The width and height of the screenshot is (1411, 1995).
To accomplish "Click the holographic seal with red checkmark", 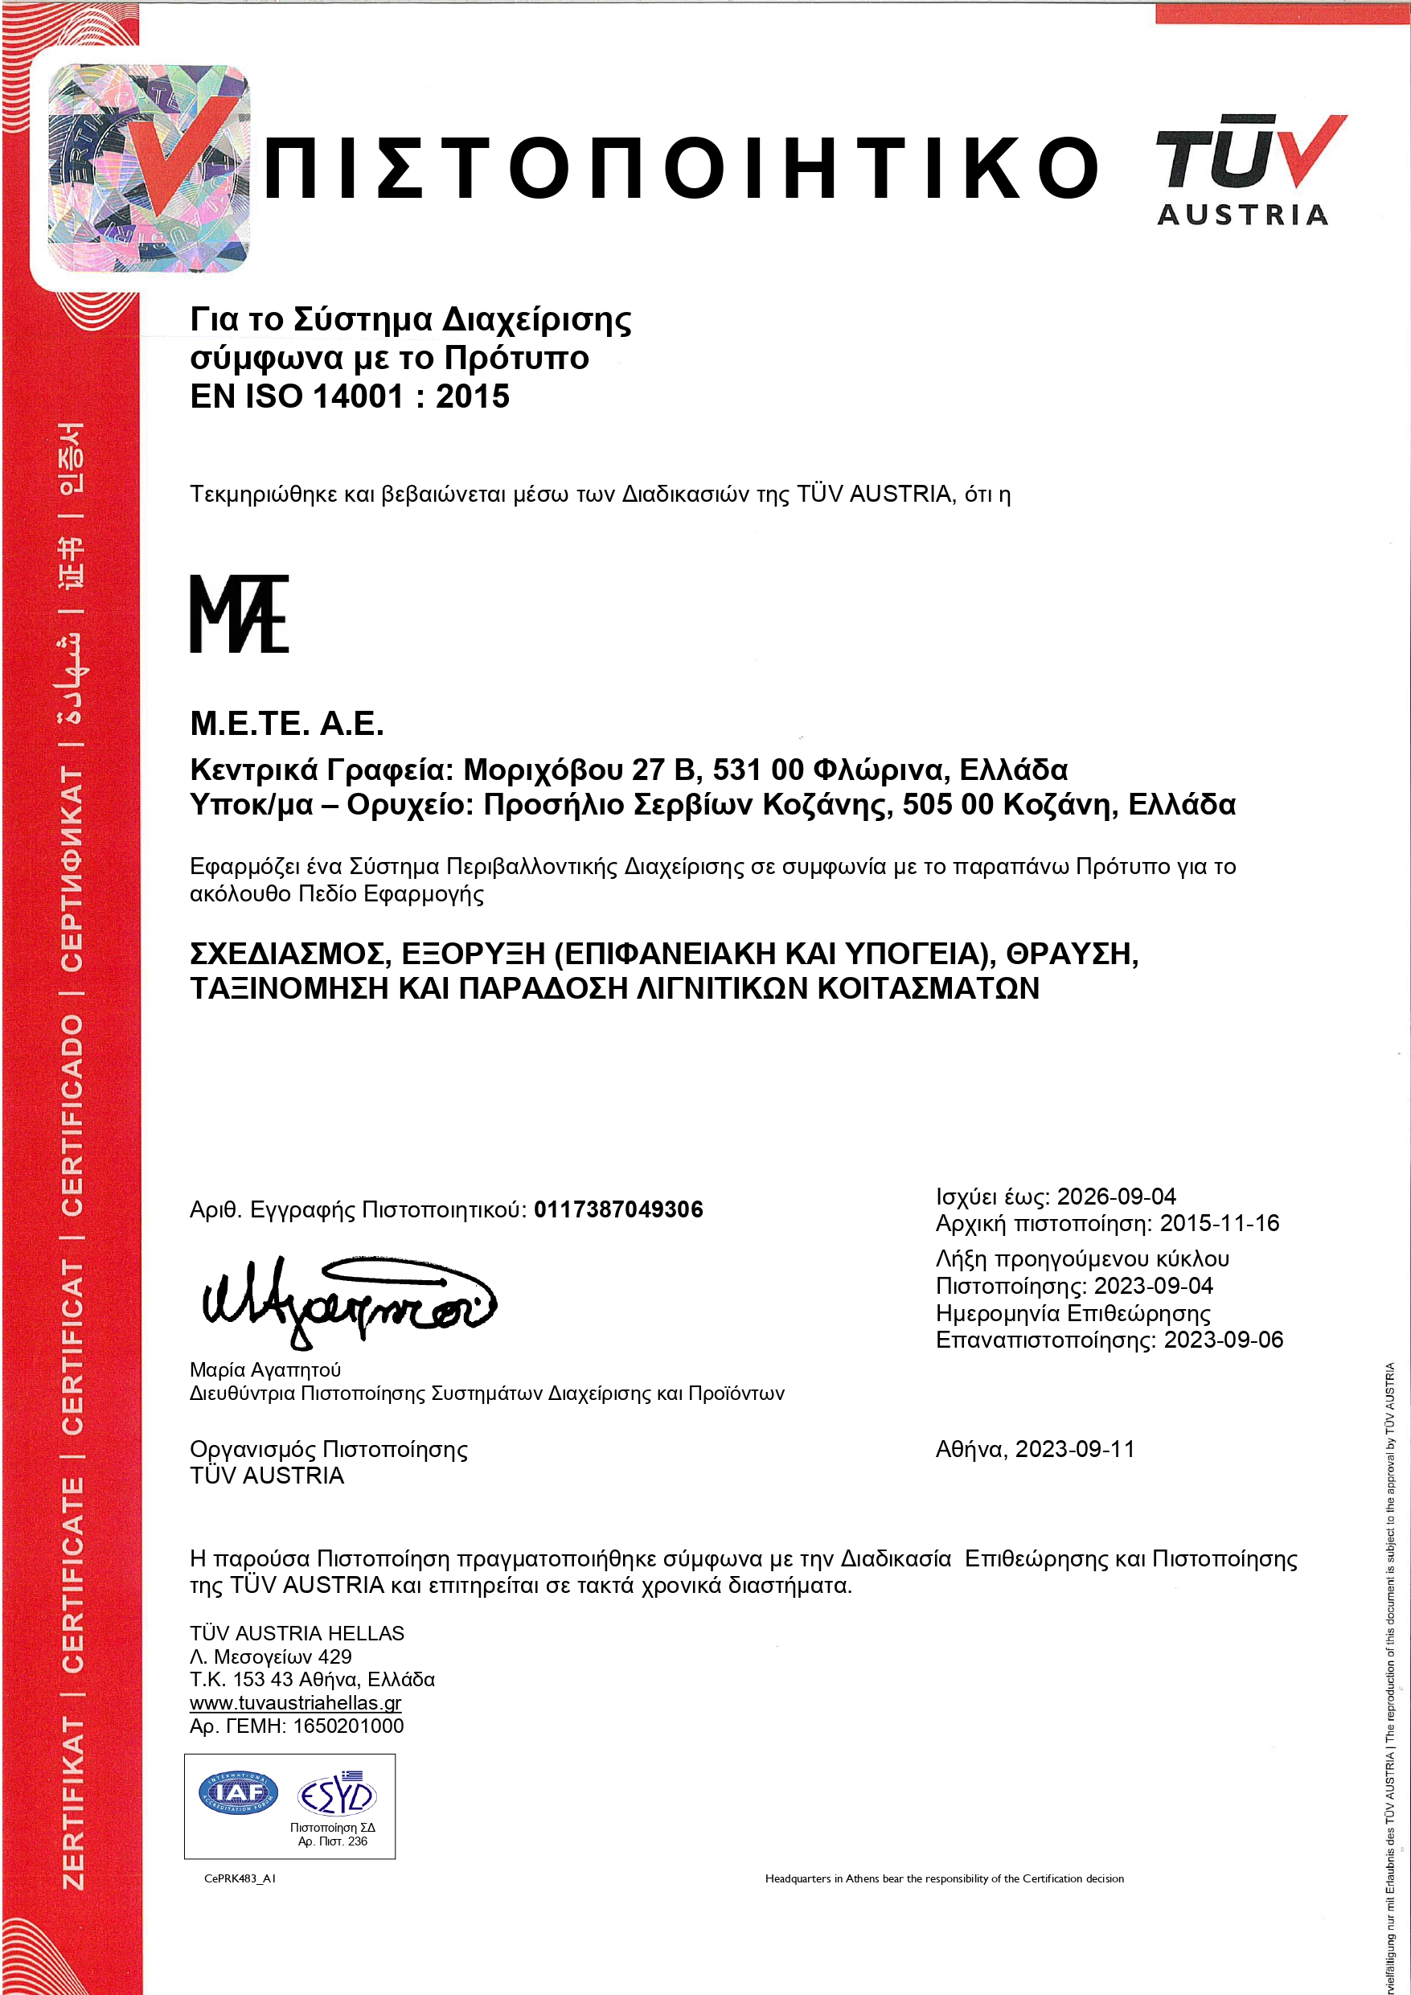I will (x=148, y=169).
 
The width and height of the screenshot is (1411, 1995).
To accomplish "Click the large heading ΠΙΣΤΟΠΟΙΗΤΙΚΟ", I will (x=682, y=166).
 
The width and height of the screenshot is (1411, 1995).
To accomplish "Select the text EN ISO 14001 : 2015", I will (x=349, y=397).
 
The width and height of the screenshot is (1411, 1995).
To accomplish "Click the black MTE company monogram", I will (x=239, y=614).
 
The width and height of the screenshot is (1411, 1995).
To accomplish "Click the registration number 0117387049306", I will (x=617, y=1209).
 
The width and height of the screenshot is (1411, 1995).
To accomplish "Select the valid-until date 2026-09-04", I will (x=1117, y=1197).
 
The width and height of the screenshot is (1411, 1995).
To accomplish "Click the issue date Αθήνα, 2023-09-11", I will (x=1035, y=1449).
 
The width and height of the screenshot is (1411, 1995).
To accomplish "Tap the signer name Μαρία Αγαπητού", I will (x=265, y=1370).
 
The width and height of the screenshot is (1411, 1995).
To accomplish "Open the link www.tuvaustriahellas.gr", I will (x=295, y=1703).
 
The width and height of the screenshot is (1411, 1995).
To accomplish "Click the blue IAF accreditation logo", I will (x=238, y=1792).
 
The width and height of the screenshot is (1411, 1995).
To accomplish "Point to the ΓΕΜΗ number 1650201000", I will (x=347, y=1726).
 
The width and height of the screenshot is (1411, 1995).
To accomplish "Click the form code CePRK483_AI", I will (x=240, y=1878).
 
